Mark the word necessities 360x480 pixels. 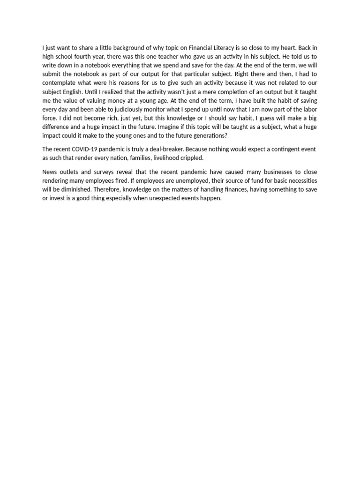[x=300, y=180]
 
